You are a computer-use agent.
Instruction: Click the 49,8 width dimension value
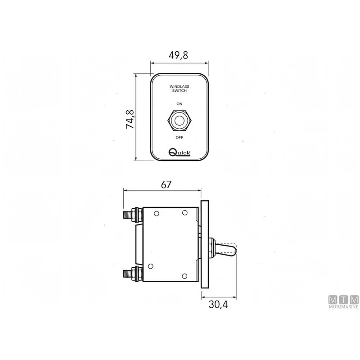click(178, 55)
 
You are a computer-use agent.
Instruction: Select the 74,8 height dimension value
click(130, 119)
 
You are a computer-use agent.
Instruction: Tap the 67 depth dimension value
click(166, 184)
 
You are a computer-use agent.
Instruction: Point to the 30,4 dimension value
click(218, 305)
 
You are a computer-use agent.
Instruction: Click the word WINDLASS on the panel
click(179, 86)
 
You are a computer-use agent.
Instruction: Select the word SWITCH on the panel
click(179, 91)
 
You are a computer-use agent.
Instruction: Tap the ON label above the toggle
click(179, 104)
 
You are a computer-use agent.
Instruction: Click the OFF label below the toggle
click(179, 137)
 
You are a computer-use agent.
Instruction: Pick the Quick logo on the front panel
click(179, 152)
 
